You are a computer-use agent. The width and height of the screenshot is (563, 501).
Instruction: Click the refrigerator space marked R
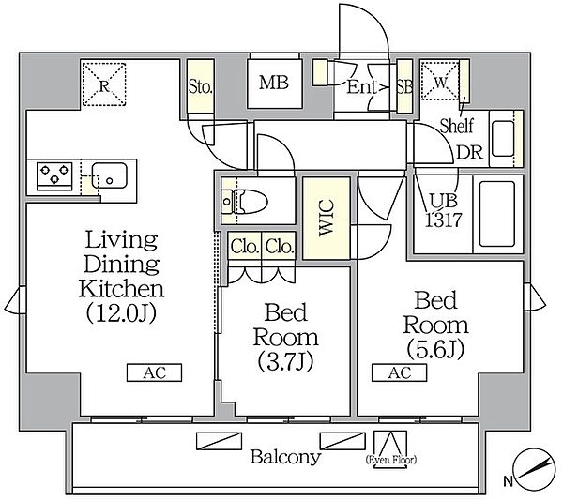click(x=104, y=84)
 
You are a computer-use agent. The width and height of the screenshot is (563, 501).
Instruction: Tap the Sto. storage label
click(x=201, y=86)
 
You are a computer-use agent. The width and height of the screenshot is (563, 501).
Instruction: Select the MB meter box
click(x=274, y=83)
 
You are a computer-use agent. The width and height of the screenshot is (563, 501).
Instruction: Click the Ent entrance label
click(x=361, y=87)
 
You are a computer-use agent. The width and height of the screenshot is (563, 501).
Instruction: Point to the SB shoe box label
click(x=404, y=87)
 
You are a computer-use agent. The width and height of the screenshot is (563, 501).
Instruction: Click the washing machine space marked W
click(x=440, y=81)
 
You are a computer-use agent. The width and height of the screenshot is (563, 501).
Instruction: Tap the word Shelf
click(x=457, y=126)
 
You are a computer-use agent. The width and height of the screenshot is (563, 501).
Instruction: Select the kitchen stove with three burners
click(x=54, y=175)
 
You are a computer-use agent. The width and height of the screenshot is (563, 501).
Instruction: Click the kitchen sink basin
click(x=109, y=175)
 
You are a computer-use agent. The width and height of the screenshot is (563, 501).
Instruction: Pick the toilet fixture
click(x=245, y=202)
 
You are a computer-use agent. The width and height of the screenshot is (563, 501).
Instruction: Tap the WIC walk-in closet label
click(x=327, y=218)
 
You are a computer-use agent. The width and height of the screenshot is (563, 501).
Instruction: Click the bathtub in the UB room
click(x=497, y=214)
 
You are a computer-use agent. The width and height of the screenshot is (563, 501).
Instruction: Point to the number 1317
click(x=443, y=220)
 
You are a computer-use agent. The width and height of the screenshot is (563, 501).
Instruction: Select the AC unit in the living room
click(x=155, y=372)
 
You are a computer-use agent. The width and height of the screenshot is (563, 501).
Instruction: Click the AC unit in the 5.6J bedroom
click(x=400, y=372)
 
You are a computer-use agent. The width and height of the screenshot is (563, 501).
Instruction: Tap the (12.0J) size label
click(x=121, y=313)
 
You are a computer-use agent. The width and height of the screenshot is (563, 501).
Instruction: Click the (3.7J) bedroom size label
click(x=286, y=361)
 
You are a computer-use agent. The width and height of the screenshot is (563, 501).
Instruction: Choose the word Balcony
click(x=285, y=457)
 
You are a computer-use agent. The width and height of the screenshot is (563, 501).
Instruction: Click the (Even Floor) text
click(x=390, y=460)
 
